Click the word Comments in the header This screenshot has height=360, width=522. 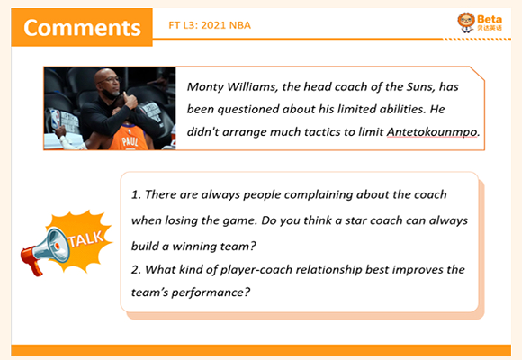[x=82, y=27]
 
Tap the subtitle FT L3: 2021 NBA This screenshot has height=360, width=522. [x=210, y=25]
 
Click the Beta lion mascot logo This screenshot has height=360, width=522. [x=465, y=22]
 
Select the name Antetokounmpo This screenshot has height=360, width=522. [x=431, y=132]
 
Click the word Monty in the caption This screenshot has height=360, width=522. [x=205, y=87]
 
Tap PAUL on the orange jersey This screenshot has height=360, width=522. [x=130, y=142]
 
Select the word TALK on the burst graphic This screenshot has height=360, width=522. [x=85, y=238]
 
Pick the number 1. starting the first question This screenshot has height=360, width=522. [x=136, y=194]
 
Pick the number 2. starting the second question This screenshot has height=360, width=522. [x=136, y=269]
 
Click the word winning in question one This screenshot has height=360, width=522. [x=194, y=247]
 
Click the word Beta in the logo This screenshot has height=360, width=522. [x=490, y=20]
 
